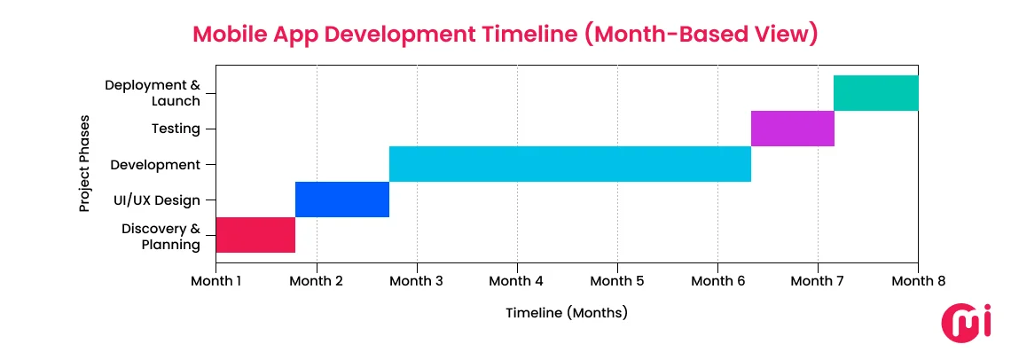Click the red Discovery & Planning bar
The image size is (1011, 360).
[x=255, y=235]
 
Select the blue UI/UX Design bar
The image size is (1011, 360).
[x=342, y=200]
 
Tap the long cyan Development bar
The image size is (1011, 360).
[x=569, y=164]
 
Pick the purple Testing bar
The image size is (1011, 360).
[x=792, y=129]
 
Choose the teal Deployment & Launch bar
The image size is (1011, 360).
[x=875, y=93]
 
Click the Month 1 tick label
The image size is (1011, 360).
[x=216, y=281]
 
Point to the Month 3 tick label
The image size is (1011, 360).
[x=417, y=281]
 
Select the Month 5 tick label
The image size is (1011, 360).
[x=617, y=281]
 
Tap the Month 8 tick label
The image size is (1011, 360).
[x=918, y=281]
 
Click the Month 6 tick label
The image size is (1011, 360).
[x=717, y=281]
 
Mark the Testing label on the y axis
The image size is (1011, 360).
[x=176, y=129]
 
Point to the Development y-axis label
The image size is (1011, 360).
[x=155, y=164]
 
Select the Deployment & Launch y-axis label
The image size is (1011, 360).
[x=153, y=93]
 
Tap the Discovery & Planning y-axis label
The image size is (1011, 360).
[x=161, y=236]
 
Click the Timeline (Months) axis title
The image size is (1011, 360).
[x=567, y=312]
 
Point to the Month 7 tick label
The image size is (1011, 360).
[x=818, y=281]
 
